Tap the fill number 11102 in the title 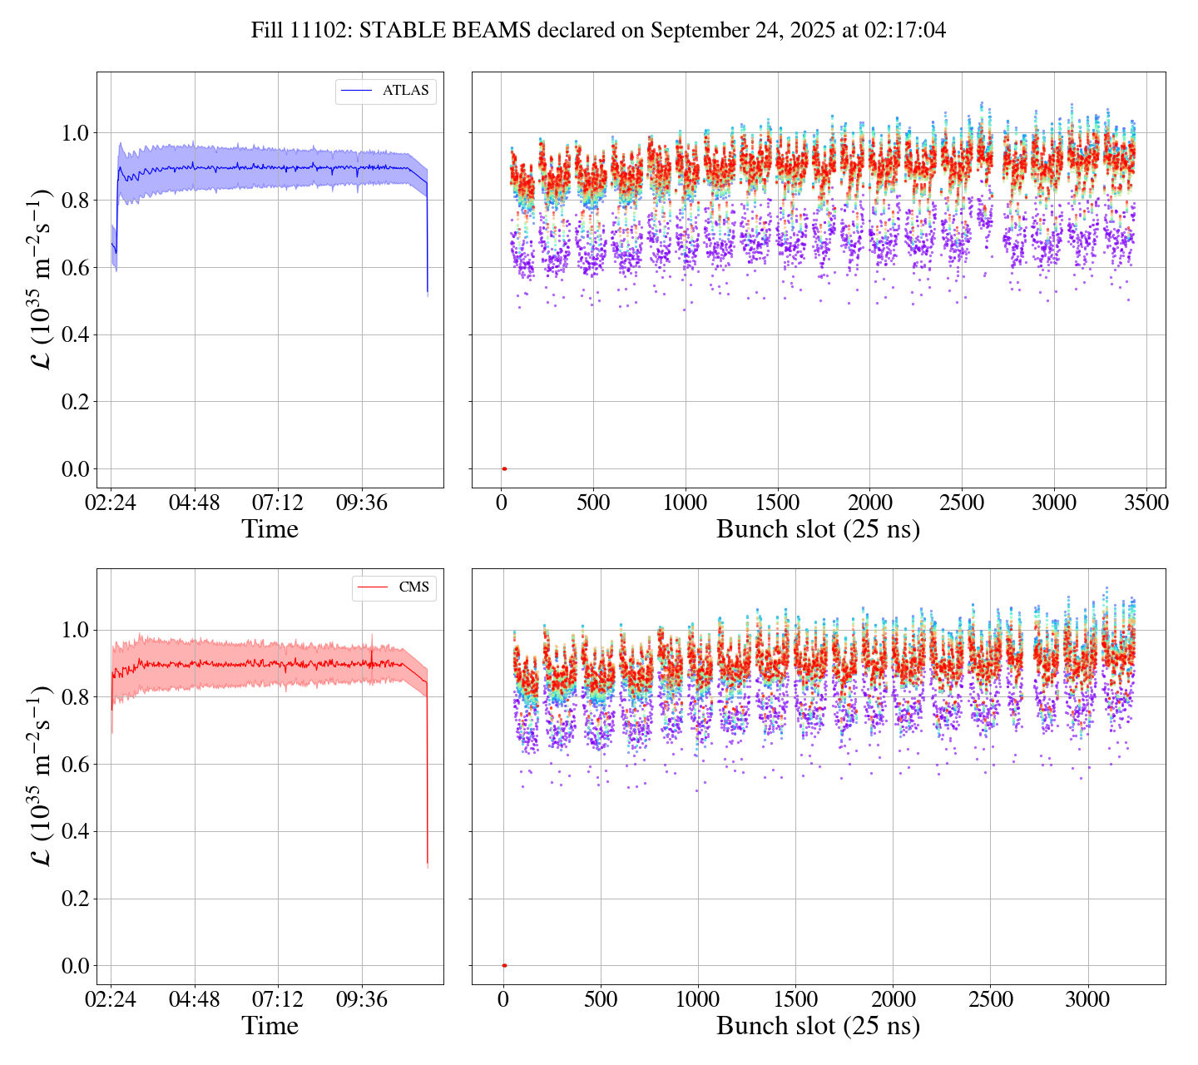pyautogui.click(x=326, y=31)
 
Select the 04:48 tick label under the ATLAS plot pyautogui.click(x=195, y=503)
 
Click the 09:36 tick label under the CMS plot pyautogui.click(x=362, y=999)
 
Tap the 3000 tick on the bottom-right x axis pyautogui.click(x=1087, y=999)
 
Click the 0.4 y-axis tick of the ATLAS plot pyautogui.click(x=76, y=334)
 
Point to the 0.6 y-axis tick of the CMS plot pyautogui.click(x=76, y=764)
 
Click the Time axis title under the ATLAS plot pyautogui.click(x=270, y=529)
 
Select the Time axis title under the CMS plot pyautogui.click(x=270, y=1026)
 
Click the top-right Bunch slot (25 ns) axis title pyautogui.click(x=818, y=529)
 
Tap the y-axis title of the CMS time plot pyautogui.click(x=41, y=775)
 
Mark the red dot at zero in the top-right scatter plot pyautogui.click(x=504, y=468)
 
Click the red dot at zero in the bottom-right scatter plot pyautogui.click(x=504, y=965)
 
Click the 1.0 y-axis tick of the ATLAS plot pyautogui.click(x=76, y=132)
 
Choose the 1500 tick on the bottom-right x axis pyautogui.click(x=795, y=999)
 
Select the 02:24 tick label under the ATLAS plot pyautogui.click(x=111, y=503)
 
